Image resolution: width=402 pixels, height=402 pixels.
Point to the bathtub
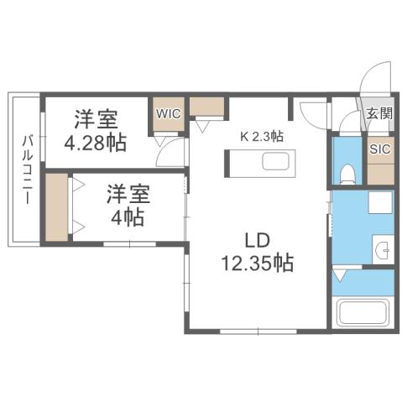pos(363,316)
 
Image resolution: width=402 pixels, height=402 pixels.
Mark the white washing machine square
pos(381,203)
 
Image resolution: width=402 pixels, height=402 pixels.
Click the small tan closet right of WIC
pos(206,107)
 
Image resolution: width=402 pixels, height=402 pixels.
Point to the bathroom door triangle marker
pos(339,275)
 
